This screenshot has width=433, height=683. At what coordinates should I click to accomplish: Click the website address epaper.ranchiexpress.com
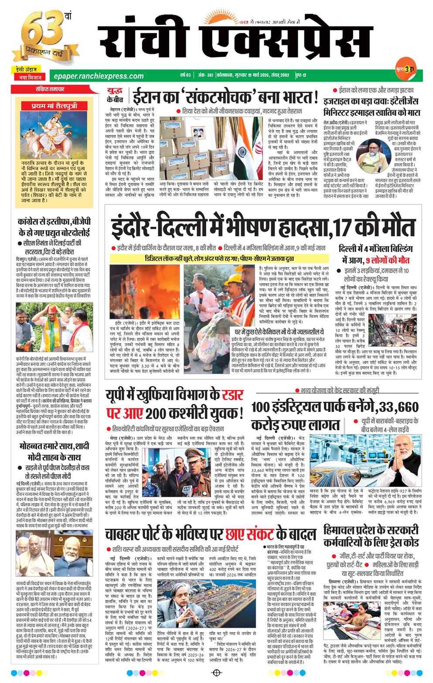tap(96, 76)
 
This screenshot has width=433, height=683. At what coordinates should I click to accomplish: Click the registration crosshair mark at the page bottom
tap(216, 673)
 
